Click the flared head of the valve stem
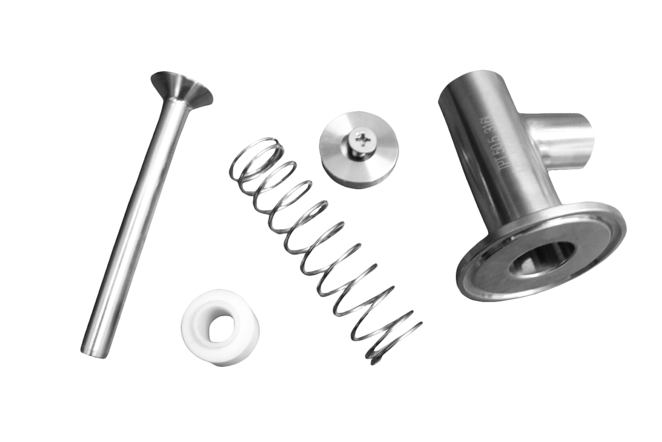click(x=182, y=88)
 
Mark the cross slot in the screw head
click(x=363, y=137)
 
